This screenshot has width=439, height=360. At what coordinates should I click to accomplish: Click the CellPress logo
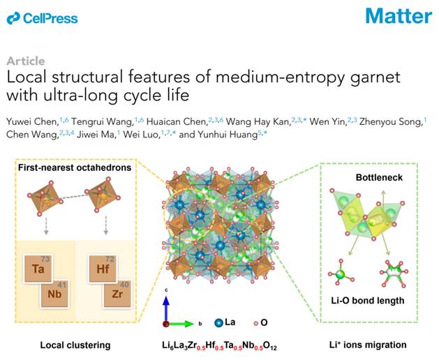[43, 18]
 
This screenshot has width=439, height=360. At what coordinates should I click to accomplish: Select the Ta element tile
[40, 269]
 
